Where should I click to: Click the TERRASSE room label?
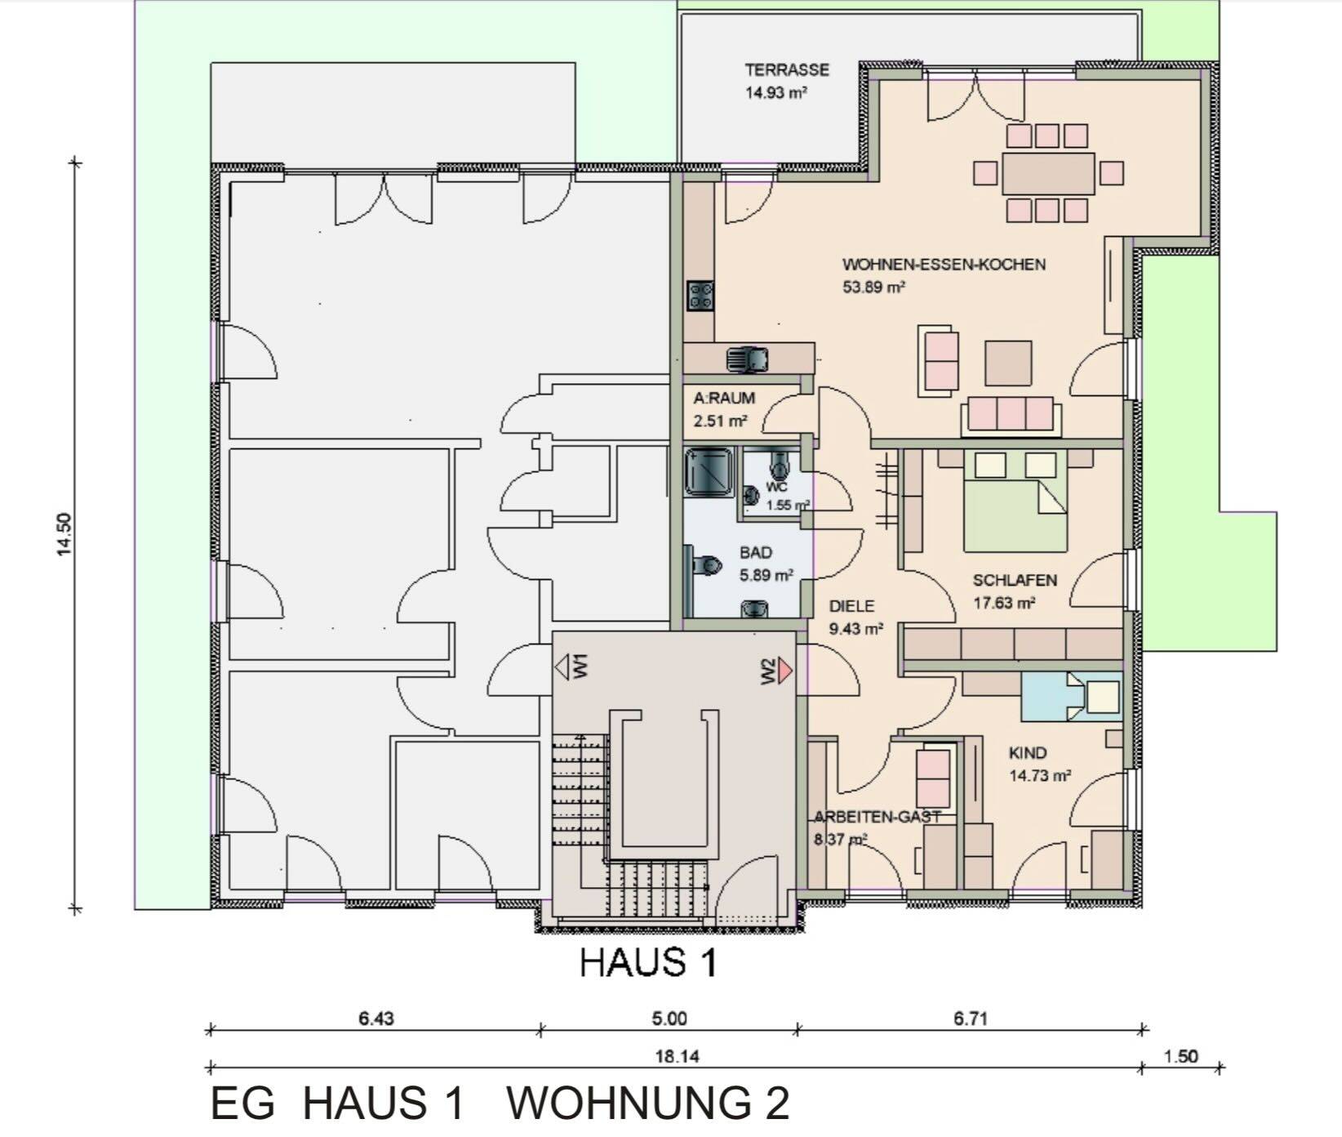[786, 69]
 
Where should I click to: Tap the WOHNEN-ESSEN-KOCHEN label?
[944, 265]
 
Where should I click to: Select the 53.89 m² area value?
[874, 288]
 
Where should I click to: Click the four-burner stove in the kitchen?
[700, 296]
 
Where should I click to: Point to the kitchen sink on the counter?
[747, 359]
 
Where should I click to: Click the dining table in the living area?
[1047, 173]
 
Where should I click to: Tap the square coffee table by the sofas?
[1008, 363]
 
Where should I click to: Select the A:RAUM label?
[724, 399]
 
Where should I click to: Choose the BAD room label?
[756, 553]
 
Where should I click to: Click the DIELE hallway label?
[851, 606]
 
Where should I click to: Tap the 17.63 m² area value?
[1005, 604]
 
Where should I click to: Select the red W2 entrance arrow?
[784, 670]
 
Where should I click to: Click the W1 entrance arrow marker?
[562, 668]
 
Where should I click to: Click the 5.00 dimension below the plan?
[669, 1019]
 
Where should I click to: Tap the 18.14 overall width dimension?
[677, 1056]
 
